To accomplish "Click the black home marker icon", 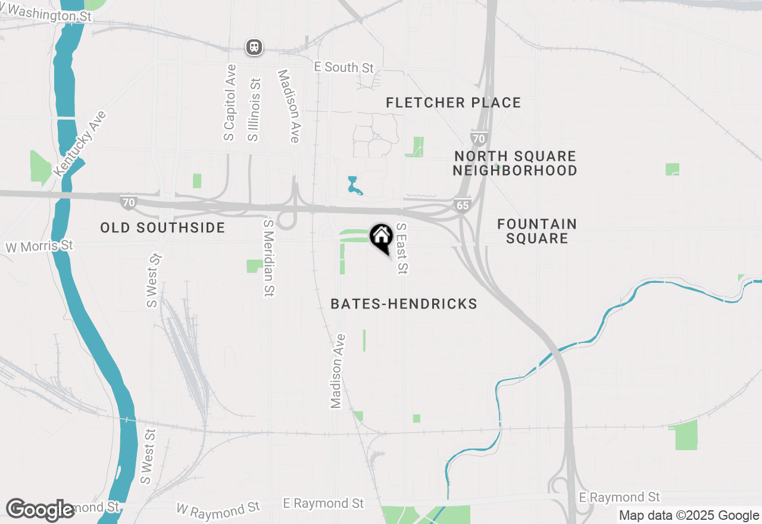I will [381, 238].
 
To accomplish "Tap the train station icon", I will [254, 46].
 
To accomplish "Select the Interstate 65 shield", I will [462, 205].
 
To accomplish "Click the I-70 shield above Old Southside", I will [128, 202].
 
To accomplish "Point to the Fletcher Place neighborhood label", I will [453, 103].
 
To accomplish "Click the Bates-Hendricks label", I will [404, 304].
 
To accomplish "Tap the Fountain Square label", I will [537, 231].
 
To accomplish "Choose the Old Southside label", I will [163, 227].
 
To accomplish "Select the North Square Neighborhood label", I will [515, 163].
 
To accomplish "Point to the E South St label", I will [344, 67].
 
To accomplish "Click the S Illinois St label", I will [254, 110].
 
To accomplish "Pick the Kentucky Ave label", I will [80, 143].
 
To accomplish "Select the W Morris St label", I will [39, 246].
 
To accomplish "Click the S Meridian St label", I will [269, 257].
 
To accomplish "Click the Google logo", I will [40, 510].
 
